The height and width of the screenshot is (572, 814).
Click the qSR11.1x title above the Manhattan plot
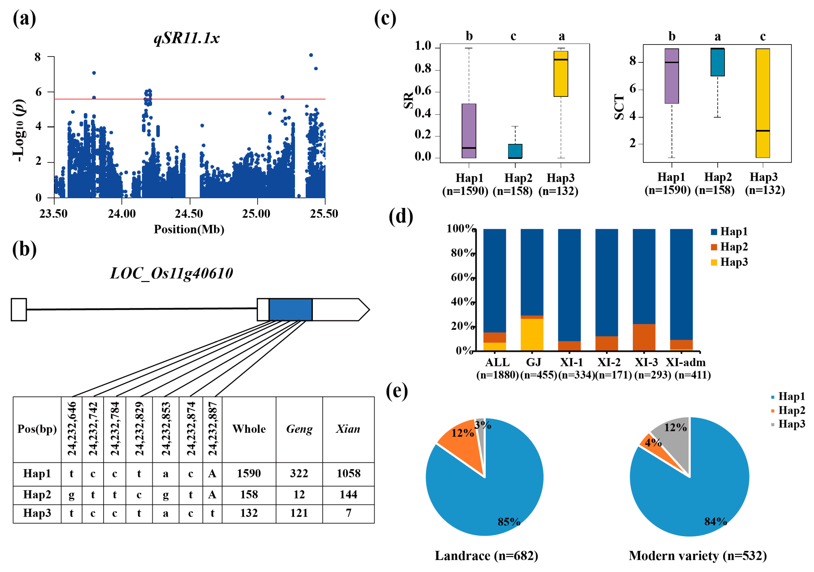point(187,38)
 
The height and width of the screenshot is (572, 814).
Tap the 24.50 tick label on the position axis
point(189,214)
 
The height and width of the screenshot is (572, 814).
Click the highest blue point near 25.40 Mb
point(311,55)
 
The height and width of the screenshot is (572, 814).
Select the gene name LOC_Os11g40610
point(172,273)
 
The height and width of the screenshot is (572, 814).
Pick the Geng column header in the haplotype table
point(299,429)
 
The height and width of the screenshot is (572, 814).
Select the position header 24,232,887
point(212,429)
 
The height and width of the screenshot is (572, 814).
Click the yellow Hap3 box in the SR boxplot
point(561,74)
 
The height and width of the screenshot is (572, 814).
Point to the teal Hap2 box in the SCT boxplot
point(717,62)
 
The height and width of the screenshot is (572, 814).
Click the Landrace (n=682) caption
point(487,556)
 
